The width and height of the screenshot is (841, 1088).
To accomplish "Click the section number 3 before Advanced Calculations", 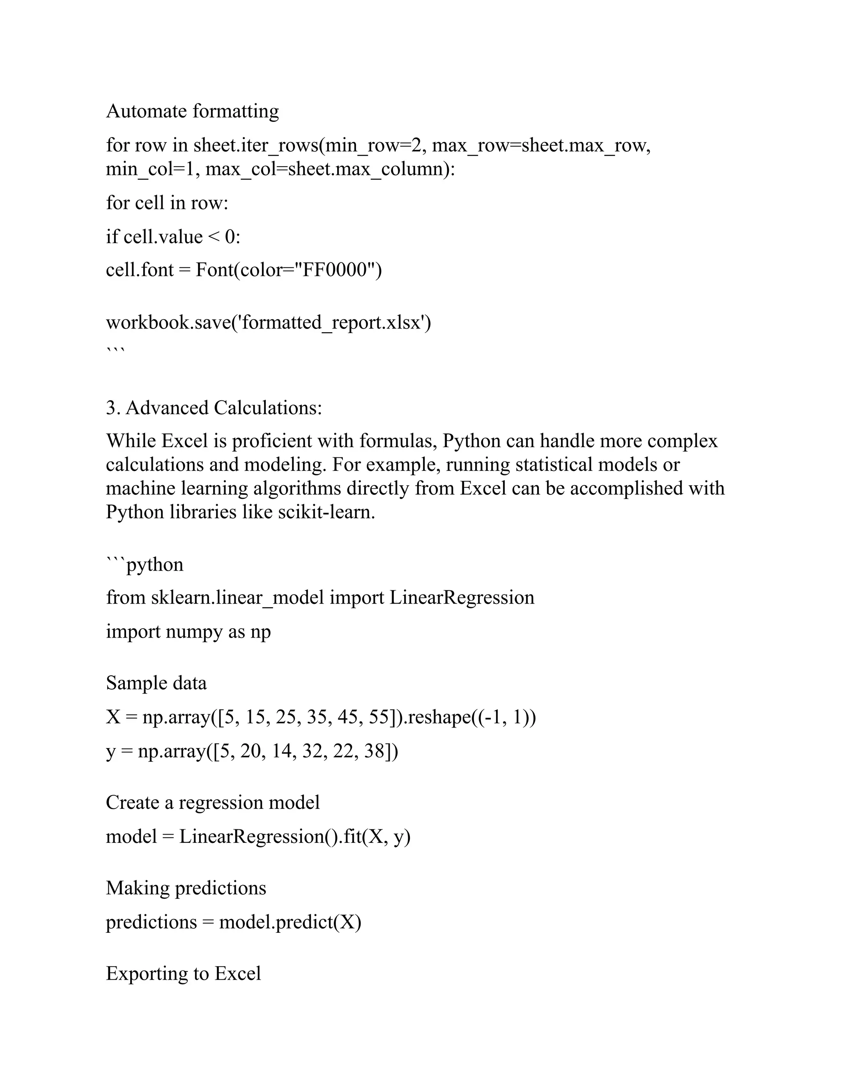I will [111, 408].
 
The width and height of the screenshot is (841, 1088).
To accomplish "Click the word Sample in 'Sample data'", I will [129, 683].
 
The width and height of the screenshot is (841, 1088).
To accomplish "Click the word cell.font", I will [140, 270].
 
